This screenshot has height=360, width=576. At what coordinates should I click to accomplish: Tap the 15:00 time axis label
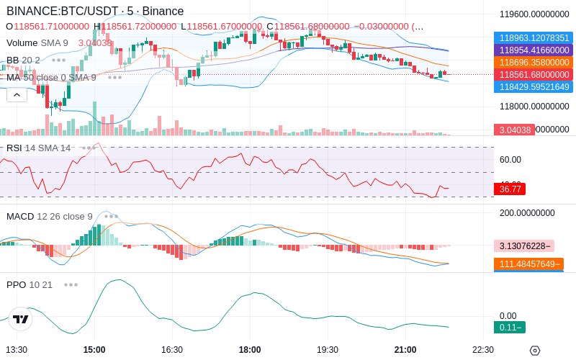(94, 349)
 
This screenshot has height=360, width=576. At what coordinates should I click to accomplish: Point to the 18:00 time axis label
(250, 349)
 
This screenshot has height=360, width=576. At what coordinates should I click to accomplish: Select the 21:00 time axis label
(405, 349)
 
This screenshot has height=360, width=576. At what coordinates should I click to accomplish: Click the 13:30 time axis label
(17, 349)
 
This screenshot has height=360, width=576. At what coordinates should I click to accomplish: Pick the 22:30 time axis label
(482, 349)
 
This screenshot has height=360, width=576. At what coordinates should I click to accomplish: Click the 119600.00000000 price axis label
(535, 13)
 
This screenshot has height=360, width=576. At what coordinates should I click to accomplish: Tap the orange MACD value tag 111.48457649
(528, 264)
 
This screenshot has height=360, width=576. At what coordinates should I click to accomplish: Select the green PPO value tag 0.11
(508, 328)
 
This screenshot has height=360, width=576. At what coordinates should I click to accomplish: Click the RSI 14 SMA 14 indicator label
(39, 148)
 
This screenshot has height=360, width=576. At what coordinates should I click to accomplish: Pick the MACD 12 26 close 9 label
(50, 216)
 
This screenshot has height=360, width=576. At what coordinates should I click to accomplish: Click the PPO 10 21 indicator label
(30, 284)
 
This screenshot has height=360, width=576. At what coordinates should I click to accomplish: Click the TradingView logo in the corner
(21, 319)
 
